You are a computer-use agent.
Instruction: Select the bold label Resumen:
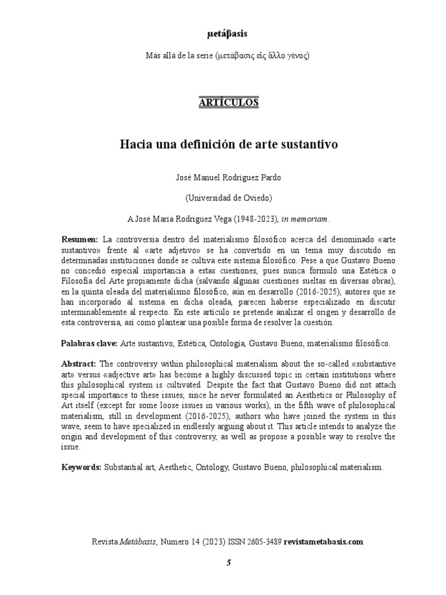pyautogui.click(x=80, y=240)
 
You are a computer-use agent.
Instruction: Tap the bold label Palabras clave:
pyautogui.click(x=89, y=343)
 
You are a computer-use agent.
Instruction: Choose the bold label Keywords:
pyautogui.click(x=81, y=467)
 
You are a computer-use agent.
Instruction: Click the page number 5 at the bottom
pyautogui.click(x=228, y=563)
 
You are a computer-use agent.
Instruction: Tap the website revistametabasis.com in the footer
pyautogui.click(x=323, y=542)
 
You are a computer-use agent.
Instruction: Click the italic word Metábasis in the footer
pyautogui.click(x=138, y=542)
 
